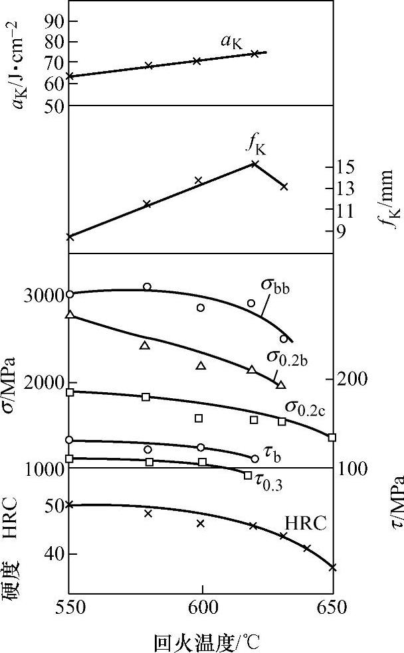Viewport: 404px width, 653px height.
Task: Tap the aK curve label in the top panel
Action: [x=233, y=42]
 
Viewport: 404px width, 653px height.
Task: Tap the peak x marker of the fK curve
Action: [x=254, y=163]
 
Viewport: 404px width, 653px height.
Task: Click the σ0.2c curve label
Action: [x=305, y=405]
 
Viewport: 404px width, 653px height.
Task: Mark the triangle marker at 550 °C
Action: [x=69, y=315]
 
